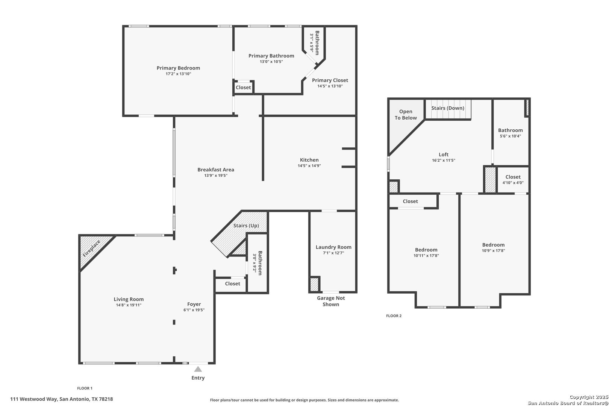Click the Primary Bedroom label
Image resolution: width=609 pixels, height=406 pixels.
point(178,68)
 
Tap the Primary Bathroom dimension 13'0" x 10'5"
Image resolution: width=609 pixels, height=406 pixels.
point(271,62)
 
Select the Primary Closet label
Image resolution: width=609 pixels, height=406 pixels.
point(330,80)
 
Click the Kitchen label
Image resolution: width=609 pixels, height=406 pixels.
point(309,160)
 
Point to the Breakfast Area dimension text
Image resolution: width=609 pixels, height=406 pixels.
point(216,176)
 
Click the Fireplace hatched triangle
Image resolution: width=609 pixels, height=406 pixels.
point(93,249)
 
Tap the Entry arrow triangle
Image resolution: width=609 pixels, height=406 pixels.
point(198,369)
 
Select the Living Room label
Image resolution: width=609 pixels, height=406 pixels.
point(129,299)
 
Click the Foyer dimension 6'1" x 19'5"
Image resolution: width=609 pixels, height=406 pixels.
point(194,310)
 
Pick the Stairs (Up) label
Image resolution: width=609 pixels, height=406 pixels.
point(246,226)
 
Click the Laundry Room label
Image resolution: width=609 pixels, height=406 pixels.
point(333,247)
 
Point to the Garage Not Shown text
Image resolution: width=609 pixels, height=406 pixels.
point(331,301)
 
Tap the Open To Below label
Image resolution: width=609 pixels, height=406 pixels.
point(406,115)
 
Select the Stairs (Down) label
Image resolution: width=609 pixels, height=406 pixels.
point(447,108)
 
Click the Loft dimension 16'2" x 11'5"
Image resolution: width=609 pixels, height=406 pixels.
point(444,161)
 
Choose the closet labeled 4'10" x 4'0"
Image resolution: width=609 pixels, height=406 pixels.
point(513,180)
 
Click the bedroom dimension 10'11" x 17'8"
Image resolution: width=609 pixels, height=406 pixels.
point(426,256)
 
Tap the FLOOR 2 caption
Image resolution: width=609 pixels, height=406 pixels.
point(394,316)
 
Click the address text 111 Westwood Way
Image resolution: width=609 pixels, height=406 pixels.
point(34,399)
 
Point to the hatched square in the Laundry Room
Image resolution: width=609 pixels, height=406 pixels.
point(314,284)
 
